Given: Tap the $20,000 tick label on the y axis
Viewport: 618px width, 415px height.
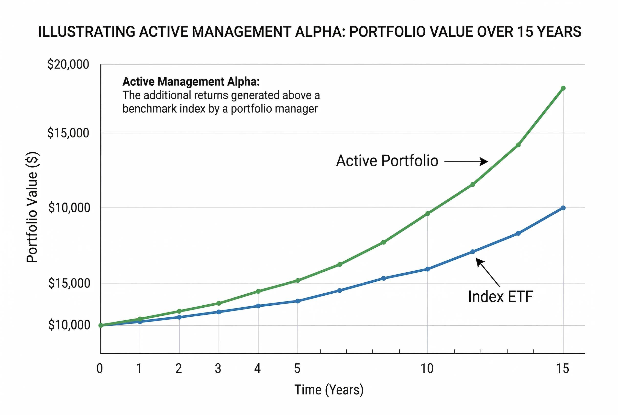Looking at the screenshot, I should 68,64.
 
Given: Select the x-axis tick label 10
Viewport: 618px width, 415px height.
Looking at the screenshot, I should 427,369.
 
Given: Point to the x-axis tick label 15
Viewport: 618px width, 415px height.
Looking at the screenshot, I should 563,369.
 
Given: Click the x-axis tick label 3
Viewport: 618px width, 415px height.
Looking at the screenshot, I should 218,369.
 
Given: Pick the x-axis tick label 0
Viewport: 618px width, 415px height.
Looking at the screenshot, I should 100,369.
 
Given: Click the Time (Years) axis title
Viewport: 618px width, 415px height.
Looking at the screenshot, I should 329,390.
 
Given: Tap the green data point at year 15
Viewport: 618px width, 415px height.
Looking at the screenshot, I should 563,88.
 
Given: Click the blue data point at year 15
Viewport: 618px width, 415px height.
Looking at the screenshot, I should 563,208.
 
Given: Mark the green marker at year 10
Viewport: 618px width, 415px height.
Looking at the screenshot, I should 428,214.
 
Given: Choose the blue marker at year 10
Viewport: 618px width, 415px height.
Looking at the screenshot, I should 428,269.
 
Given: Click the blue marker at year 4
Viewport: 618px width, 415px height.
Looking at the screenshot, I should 258,306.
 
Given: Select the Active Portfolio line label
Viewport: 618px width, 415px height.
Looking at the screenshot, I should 387,161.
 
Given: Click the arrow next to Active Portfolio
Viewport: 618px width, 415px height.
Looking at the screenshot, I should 466,161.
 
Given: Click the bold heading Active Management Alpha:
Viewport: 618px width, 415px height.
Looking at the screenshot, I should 191,81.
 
